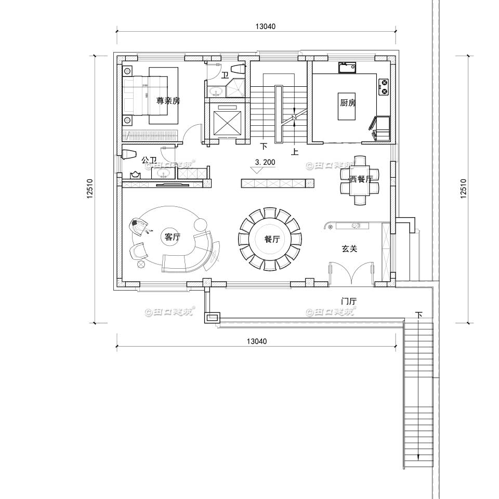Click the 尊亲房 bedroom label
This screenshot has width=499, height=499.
coord(168,101)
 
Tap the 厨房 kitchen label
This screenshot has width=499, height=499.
coord(348,103)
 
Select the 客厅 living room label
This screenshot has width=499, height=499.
coord(172,238)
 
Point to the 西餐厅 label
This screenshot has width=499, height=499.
coord(361,179)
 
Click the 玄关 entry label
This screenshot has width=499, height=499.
coord(349,249)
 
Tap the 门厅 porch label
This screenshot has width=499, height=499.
coord(348,301)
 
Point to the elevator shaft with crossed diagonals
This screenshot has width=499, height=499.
coord(228,120)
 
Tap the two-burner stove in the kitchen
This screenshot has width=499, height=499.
coord(384,86)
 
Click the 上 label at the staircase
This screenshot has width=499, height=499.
coord(295,152)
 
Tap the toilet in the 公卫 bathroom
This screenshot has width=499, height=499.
coord(127,154)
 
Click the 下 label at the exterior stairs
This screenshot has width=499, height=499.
coord(419,315)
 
